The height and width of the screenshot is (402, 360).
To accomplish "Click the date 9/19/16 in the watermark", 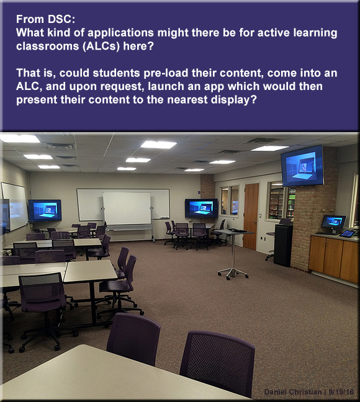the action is point(341,392).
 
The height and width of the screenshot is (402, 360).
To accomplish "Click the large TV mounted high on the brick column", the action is point(302,166).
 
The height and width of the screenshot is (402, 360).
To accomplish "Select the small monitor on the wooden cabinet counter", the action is point(333,224).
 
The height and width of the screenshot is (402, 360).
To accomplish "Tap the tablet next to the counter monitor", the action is point(348,233).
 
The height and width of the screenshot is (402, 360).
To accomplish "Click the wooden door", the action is point(251,216).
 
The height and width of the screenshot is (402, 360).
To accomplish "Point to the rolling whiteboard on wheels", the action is point(127,214).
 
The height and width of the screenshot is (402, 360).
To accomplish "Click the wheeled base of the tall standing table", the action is point(233,273).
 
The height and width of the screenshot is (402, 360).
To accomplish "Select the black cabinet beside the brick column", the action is point(283,244).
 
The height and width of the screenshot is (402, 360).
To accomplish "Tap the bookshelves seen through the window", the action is point(282,202).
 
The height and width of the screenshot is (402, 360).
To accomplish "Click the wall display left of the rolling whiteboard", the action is point(45,210).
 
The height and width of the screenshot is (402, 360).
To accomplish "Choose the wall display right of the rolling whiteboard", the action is point(202,208).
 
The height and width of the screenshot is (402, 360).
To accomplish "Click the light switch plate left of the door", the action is point(260,216).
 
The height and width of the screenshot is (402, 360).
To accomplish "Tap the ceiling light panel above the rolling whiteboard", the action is point(138,160).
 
